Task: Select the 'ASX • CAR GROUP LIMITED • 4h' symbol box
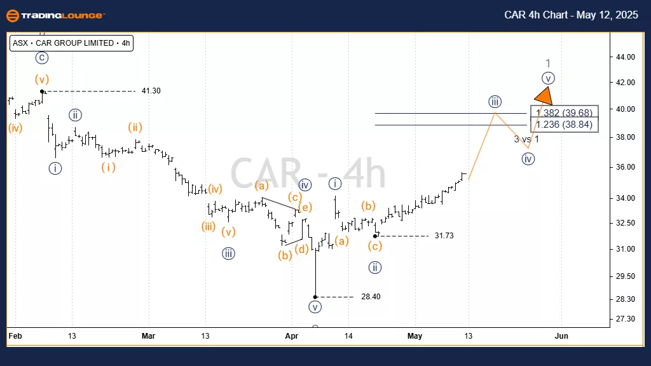[x=71, y=43]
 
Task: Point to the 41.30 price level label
[x=151, y=91]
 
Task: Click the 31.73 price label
[x=444, y=236]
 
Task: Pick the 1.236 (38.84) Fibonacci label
[x=565, y=125]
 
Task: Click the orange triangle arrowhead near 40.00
[x=544, y=97]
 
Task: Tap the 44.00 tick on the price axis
[x=626, y=57]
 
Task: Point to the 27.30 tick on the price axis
[x=626, y=318]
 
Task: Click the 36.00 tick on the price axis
[x=626, y=167]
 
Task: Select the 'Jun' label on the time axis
[x=561, y=335]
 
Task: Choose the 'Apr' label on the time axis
[x=291, y=335]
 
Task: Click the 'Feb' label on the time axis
[x=15, y=335]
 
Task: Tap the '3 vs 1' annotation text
[x=526, y=139]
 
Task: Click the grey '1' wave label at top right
[x=548, y=64]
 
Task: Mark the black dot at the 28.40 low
[x=315, y=297]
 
